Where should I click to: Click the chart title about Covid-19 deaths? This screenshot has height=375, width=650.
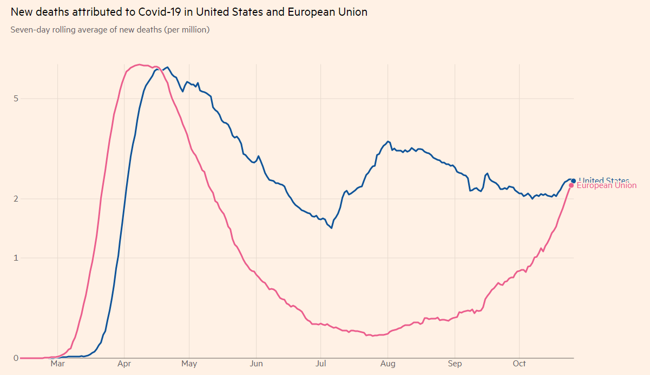(x=189, y=12)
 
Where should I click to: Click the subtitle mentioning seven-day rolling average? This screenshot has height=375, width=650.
(x=110, y=30)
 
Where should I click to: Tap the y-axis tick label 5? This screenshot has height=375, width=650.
(x=16, y=99)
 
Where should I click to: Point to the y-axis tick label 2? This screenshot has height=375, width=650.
(x=16, y=198)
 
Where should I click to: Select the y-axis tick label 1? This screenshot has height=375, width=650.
(x=16, y=258)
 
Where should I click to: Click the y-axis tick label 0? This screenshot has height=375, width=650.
(x=16, y=358)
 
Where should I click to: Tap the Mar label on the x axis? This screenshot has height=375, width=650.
(x=58, y=364)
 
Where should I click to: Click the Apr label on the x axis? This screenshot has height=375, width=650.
(x=124, y=364)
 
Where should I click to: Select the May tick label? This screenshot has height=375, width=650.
(x=189, y=364)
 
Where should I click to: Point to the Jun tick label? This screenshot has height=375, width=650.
(x=257, y=364)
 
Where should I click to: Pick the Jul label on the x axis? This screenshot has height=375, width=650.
(x=321, y=364)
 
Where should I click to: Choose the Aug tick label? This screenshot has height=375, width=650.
(x=388, y=364)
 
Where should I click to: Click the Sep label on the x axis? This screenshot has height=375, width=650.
(x=455, y=364)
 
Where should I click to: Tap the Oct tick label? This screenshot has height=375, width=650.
(x=520, y=364)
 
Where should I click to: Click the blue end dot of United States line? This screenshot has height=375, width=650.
(x=574, y=181)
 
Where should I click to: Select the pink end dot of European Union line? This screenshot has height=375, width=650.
(x=572, y=185)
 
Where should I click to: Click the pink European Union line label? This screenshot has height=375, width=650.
(x=607, y=186)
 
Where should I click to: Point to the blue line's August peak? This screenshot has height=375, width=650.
(x=388, y=141)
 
